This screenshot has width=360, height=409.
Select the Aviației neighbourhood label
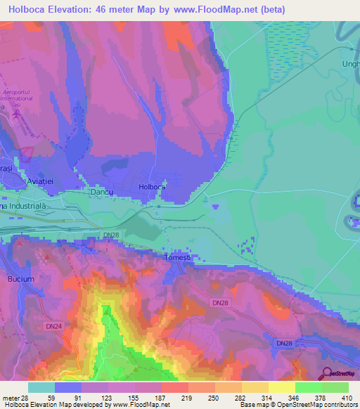click(45, 181)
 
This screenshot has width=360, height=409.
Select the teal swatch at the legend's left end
click(41, 387)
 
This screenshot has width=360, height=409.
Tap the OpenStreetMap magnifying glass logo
click(328, 373)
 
